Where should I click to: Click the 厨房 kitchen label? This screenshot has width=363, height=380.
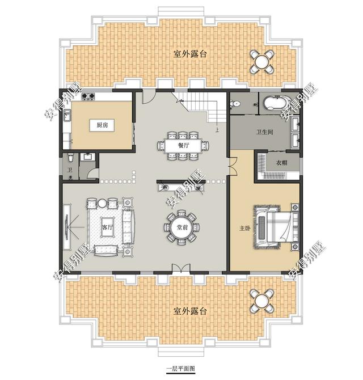[x=102, y=125]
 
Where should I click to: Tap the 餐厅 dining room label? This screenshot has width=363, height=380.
[x=183, y=145]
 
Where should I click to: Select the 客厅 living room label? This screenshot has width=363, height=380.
[x=107, y=227]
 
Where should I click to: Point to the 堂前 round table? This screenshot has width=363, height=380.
[x=181, y=227]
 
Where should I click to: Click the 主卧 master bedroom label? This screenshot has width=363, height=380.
[x=244, y=229]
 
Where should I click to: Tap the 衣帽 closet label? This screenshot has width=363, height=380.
[x=282, y=163]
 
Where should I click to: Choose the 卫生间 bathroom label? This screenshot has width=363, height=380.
[x=265, y=132]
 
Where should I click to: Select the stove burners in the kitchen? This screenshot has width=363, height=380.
[x=88, y=96]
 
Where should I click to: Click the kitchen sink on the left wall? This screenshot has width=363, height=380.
[x=67, y=115]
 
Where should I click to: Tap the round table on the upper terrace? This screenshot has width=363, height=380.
[x=261, y=62]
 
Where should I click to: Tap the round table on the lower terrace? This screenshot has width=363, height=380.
[x=261, y=301]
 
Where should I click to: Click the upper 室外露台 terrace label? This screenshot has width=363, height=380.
[x=190, y=54]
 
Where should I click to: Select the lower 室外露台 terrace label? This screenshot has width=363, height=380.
[x=190, y=311]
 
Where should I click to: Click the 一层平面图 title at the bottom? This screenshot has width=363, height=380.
[x=180, y=369]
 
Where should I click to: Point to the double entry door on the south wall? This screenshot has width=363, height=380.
[x=181, y=268]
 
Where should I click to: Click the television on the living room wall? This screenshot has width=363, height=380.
[x=67, y=227]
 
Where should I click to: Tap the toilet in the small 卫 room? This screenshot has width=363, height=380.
[x=70, y=158]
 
